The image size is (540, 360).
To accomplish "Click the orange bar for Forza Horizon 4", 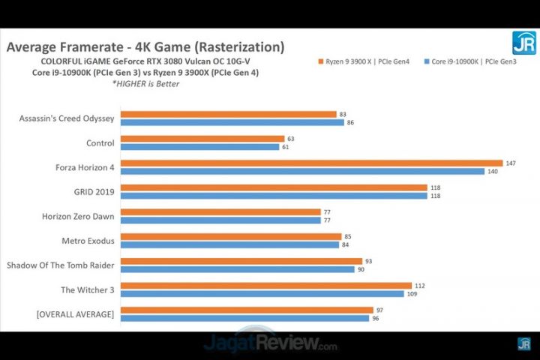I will coord(311,163).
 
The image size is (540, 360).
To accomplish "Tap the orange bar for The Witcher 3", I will coord(265,285).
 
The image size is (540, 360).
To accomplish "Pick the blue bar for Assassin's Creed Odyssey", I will coord(232,122).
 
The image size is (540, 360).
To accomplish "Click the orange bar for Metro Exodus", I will coord(230,236).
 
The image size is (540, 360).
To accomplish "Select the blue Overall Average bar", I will coord(244,318).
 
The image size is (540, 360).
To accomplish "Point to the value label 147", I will coord(510,163).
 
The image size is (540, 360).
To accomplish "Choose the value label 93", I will coord(370,261).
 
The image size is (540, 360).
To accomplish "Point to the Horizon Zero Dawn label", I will coord(78,216).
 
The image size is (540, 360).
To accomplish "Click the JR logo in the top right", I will coord(523,43).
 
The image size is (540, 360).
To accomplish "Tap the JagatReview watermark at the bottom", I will coord(270,346).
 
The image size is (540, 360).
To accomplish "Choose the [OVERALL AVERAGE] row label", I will coord(75,314).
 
